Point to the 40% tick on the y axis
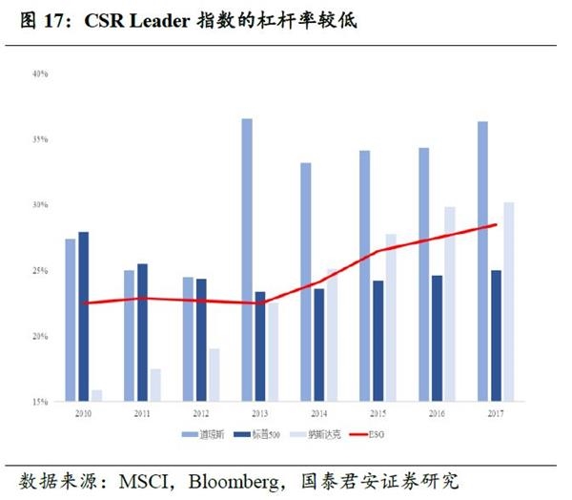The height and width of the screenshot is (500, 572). pyautogui.click(x=41, y=74)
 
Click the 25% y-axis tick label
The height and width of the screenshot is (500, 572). pyautogui.click(x=41, y=271)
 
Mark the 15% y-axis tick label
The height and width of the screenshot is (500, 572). pyautogui.click(x=41, y=402)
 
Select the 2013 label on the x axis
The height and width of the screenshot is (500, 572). pyautogui.click(x=260, y=413)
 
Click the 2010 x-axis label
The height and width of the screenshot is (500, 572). pyautogui.click(x=84, y=413)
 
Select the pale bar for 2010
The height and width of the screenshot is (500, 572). pyautogui.click(x=97, y=396)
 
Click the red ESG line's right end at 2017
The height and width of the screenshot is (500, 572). pyautogui.click(x=497, y=225)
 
